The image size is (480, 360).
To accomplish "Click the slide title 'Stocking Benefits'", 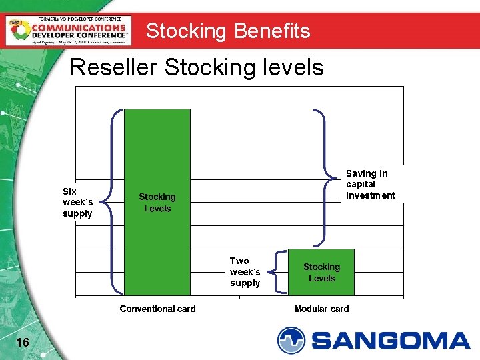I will click(x=228, y=31).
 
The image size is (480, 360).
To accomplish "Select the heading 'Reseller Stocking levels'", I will click(x=197, y=67).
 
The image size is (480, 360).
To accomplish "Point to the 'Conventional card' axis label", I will click(x=157, y=309).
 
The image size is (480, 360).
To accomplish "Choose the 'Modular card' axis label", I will click(x=321, y=309).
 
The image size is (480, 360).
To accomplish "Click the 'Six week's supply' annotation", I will click(x=77, y=202).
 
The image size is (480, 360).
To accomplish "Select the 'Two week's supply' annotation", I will click(x=245, y=272).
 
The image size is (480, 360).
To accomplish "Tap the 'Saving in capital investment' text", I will click(x=370, y=184).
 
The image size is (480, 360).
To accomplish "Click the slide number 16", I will click(x=22, y=342).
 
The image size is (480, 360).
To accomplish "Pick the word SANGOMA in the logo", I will click(x=391, y=341).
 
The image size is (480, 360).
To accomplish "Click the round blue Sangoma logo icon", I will click(x=291, y=340).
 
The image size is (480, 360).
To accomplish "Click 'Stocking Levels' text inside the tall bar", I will click(x=157, y=203).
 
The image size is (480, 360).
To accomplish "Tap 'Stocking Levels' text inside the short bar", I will click(x=321, y=272).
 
